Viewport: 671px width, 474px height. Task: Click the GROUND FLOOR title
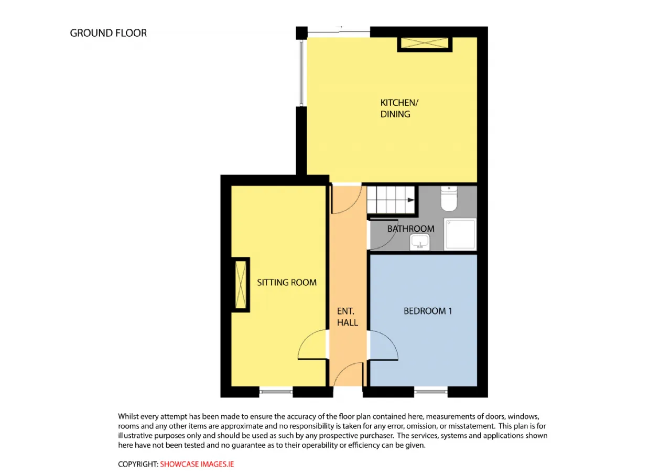point(109,33)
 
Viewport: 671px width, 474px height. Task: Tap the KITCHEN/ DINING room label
point(399,108)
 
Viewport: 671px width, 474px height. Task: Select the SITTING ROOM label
point(287,283)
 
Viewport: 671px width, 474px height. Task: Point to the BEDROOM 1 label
point(427,311)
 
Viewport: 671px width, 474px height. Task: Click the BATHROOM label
point(410,229)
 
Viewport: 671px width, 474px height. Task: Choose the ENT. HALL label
point(347,317)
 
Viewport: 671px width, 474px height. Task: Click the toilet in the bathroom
point(449,198)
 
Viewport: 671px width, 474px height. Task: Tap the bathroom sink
point(420,242)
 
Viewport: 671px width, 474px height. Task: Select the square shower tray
point(460,234)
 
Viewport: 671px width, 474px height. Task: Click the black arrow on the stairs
point(410,200)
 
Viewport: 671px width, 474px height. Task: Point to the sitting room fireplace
point(241,285)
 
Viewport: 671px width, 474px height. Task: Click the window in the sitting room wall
point(276,391)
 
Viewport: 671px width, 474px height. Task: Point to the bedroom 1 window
point(431,391)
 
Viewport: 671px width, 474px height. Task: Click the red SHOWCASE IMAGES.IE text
point(197,464)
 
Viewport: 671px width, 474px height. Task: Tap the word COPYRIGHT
point(138,464)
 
